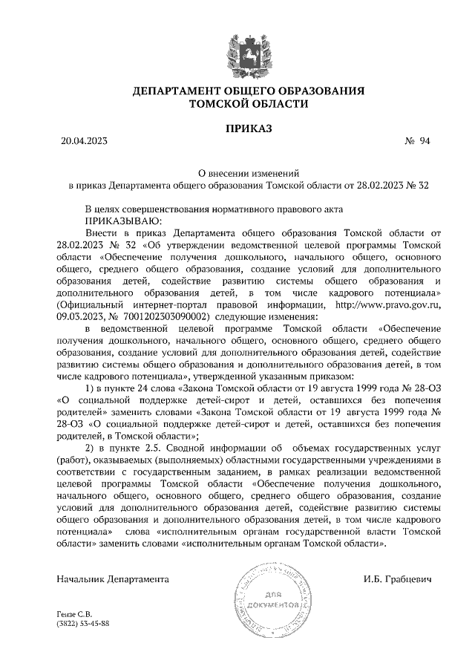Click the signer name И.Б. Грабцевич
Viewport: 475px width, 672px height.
click(x=398, y=578)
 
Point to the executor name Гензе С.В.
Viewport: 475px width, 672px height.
click(x=73, y=613)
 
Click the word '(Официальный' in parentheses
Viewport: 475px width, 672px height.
click(x=92, y=304)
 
